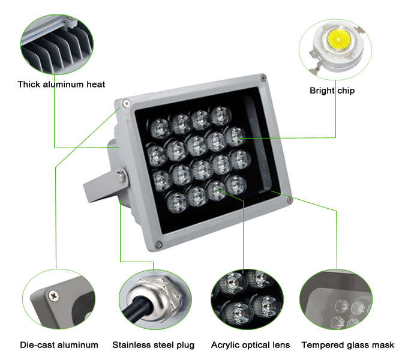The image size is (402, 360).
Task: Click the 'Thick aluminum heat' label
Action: (61, 85)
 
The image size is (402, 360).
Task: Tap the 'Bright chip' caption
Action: (332, 91)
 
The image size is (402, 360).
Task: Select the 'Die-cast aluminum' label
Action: (59, 345)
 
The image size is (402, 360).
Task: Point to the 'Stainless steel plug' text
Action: (154, 345)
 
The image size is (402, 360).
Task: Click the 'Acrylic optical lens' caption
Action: (250, 345)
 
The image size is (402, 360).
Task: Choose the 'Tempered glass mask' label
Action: (348, 345)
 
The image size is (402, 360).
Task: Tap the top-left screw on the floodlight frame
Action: (126, 103)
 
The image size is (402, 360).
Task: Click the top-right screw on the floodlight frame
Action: (263, 78)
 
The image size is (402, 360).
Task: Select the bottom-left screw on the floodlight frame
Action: (158, 244)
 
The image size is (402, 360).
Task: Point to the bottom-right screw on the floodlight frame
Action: (289, 200)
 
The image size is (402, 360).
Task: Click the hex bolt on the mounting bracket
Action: (121, 176)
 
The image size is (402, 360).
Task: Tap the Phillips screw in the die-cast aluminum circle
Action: (54, 295)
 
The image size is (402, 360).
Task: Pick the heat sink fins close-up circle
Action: (57, 44)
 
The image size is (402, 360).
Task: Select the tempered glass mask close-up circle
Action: (336, 299)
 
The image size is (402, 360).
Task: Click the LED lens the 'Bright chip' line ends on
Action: (235, 137)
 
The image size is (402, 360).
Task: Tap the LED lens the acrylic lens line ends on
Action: (217, 191)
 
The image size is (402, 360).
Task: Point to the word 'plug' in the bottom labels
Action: (185, 346)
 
